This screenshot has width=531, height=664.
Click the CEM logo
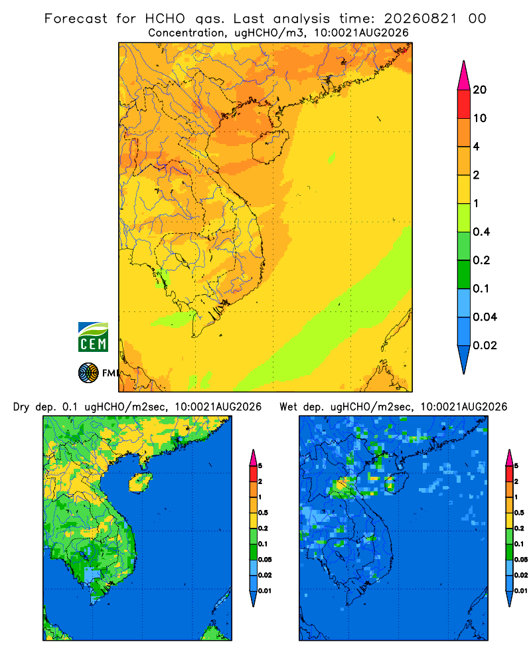93,337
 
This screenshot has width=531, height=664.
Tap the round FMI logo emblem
88,373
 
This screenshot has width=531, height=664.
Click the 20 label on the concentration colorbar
480,90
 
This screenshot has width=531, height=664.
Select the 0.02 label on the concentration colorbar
485,345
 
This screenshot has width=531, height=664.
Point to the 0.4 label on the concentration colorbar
481,232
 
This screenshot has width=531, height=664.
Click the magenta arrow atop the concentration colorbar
464,76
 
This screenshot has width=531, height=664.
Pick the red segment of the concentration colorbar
464,104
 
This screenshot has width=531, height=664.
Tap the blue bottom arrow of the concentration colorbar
464,360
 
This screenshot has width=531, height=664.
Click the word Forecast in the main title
76,19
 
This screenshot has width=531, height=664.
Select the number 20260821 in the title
420,19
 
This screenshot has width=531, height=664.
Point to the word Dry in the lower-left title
21,407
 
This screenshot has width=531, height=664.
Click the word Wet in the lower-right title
288,407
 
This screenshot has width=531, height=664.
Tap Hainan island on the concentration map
270,146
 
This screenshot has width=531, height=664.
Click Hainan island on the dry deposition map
140,483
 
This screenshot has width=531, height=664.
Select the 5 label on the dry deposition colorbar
260,466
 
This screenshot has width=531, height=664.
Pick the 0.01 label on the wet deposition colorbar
521,591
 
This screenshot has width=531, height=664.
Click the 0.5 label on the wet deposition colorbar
519,513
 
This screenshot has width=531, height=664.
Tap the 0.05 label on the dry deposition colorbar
265,560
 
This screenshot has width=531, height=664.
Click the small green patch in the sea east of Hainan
332,158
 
